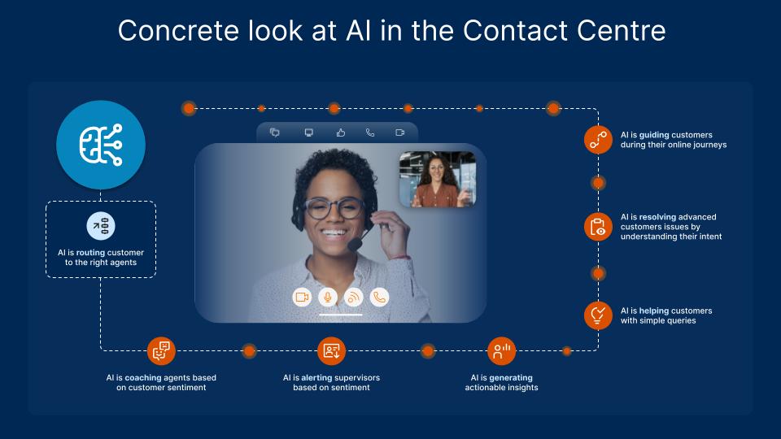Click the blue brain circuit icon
pos(101,146)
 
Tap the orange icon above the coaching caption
pos(161,351)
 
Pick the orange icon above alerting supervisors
pos(332,351)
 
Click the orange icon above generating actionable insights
pos(501,351)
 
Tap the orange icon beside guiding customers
pos(598,139)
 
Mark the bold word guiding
pos(654,135)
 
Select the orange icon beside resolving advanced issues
pos(598,227)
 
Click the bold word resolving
pos(660,217)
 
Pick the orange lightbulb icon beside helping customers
pos(598,315)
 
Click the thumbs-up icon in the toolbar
pos(341,133)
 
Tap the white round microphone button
pos(327,298)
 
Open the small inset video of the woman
pos(437,179)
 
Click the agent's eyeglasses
pos(334,208)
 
